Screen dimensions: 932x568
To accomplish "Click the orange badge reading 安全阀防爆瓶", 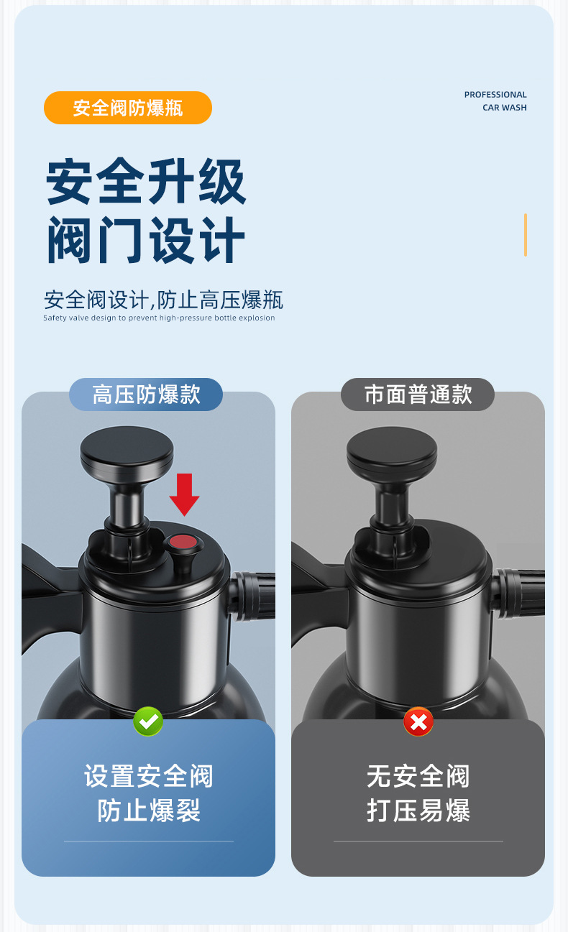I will coord(128,108).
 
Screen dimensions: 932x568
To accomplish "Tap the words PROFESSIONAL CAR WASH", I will coord(495,101).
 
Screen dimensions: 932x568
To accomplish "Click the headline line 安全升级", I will coord(146,183).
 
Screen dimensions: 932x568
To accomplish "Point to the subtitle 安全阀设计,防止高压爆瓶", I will coord(163,299).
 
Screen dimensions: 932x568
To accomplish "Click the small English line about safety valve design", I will coord(159,318).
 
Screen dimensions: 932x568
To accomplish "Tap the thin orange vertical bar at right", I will coord(526,235).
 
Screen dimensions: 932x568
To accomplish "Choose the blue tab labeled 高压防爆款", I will coord(146,395).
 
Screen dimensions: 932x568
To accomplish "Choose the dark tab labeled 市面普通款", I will coord(418,395).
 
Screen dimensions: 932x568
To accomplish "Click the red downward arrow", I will coord(184,494).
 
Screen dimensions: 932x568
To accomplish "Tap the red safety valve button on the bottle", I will coord(183,543).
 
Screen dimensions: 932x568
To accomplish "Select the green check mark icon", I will coord(148,721).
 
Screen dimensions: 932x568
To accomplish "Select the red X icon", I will coord(418,721).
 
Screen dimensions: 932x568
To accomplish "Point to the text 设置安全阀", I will coord(149,776).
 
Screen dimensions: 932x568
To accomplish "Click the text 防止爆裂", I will coord(149,811).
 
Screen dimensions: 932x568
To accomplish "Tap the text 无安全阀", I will coord(418,776).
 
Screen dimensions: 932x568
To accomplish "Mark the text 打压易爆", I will coord(418,811).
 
